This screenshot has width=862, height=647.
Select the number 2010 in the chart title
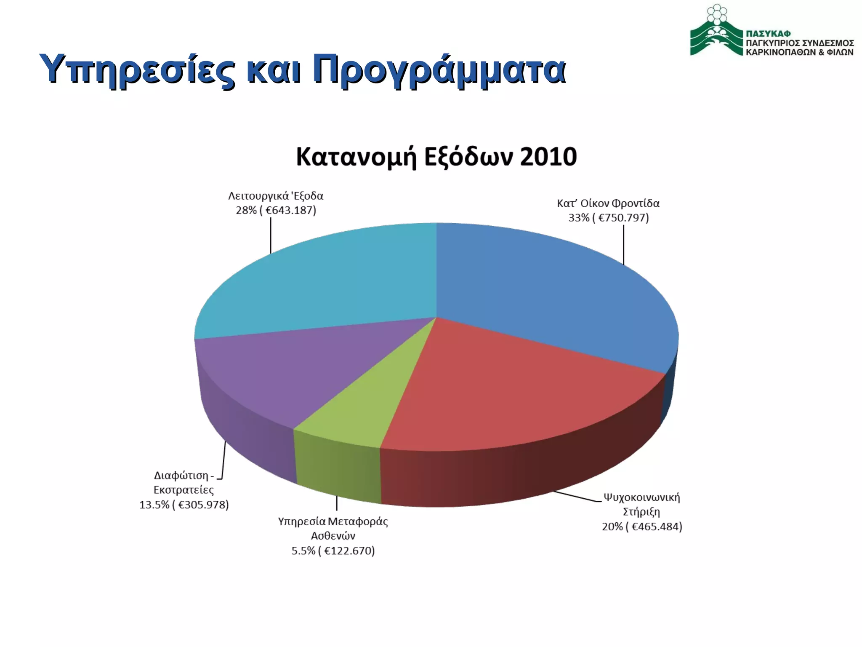(x=548, y=157)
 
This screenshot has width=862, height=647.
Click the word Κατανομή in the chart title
(x=356, y=157)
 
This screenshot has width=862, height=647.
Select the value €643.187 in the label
(x=290, y=210)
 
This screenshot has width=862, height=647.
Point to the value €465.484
(x=656, y=527)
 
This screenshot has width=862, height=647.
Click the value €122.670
(x=349, y=551)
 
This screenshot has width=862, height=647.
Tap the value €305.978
(x=203, y=505)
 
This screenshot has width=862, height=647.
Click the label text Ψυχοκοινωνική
(x=641, y=497)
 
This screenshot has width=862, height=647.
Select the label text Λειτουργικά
(x=258, y=196)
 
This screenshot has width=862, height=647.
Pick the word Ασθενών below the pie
(x=333, y=536)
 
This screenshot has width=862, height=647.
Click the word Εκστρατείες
(x=184, y=490)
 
